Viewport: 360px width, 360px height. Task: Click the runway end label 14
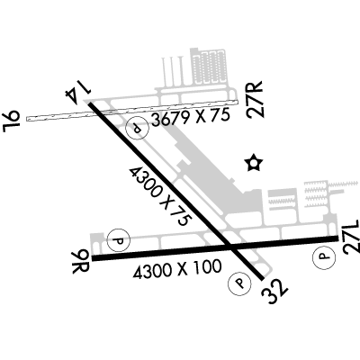point(78,91)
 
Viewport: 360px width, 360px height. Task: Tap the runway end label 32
point(274,292)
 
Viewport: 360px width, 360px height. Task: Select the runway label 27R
point(255,99)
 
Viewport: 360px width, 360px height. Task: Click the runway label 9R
point(80,262)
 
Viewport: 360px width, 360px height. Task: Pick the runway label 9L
point(11,121)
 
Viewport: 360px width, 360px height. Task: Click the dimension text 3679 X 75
point(191,117)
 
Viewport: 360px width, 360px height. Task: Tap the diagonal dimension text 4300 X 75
point(160,196)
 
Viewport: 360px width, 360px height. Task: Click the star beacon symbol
point(254,163)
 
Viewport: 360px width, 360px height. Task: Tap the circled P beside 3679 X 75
point(138,129)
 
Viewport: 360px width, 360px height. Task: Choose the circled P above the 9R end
point(119,240)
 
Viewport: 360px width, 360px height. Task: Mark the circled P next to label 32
point(239,283)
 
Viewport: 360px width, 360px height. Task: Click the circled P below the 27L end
point(323,256)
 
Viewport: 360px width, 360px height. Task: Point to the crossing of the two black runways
point(229,247)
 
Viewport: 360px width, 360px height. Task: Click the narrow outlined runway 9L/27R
point(132,111)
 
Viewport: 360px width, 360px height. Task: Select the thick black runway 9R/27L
point(215,248)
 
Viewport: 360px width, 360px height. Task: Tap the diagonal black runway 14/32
point(176,191)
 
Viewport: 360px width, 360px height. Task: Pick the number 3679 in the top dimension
point(169,119)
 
